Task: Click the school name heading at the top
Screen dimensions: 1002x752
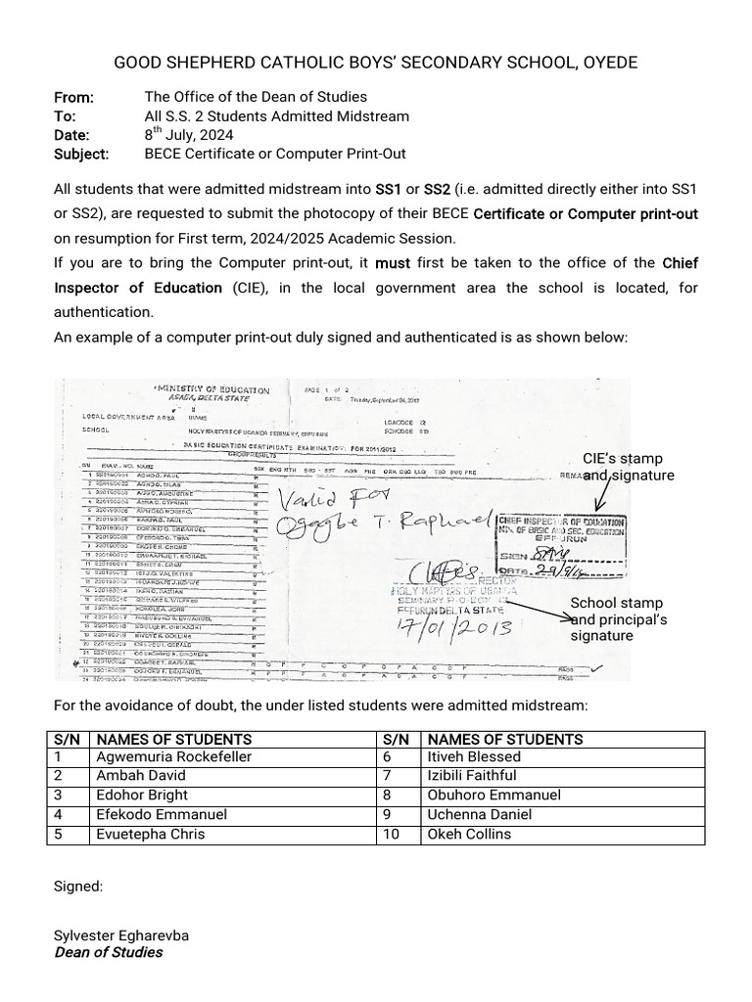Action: pyautogui.click(x=376, y=63)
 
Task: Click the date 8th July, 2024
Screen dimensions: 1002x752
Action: pyautogui.click(x=188, y=135)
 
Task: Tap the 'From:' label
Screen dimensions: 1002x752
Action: pyautogui.click(x=73, y=97)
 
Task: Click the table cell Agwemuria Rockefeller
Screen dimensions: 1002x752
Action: pyautogui.click(x=173, y=756)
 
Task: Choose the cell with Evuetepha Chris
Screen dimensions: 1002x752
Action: pyautogui.click(x=151, y=834)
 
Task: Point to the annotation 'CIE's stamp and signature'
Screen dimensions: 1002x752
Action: pyautogui.click(x=628, y=467)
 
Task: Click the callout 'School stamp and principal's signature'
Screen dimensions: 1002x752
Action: pyautogui.click(x=618, y=619)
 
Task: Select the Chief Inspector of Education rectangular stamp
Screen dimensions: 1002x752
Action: pyautogui.click(x=563, y=545)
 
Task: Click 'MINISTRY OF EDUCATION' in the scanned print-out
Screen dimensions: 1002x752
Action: pyautogui.click(x=211, y=390)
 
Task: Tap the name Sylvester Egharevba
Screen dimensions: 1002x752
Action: pyautogui.click(x=121, y=934)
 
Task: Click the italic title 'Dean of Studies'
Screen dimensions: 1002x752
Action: pyautogui.click(x=108, y=952)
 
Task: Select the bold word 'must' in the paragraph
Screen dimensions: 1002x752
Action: pyautogui.click(x=393, y=263)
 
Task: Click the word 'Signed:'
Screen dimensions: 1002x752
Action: pyautogui.click(x=77, y=886)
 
